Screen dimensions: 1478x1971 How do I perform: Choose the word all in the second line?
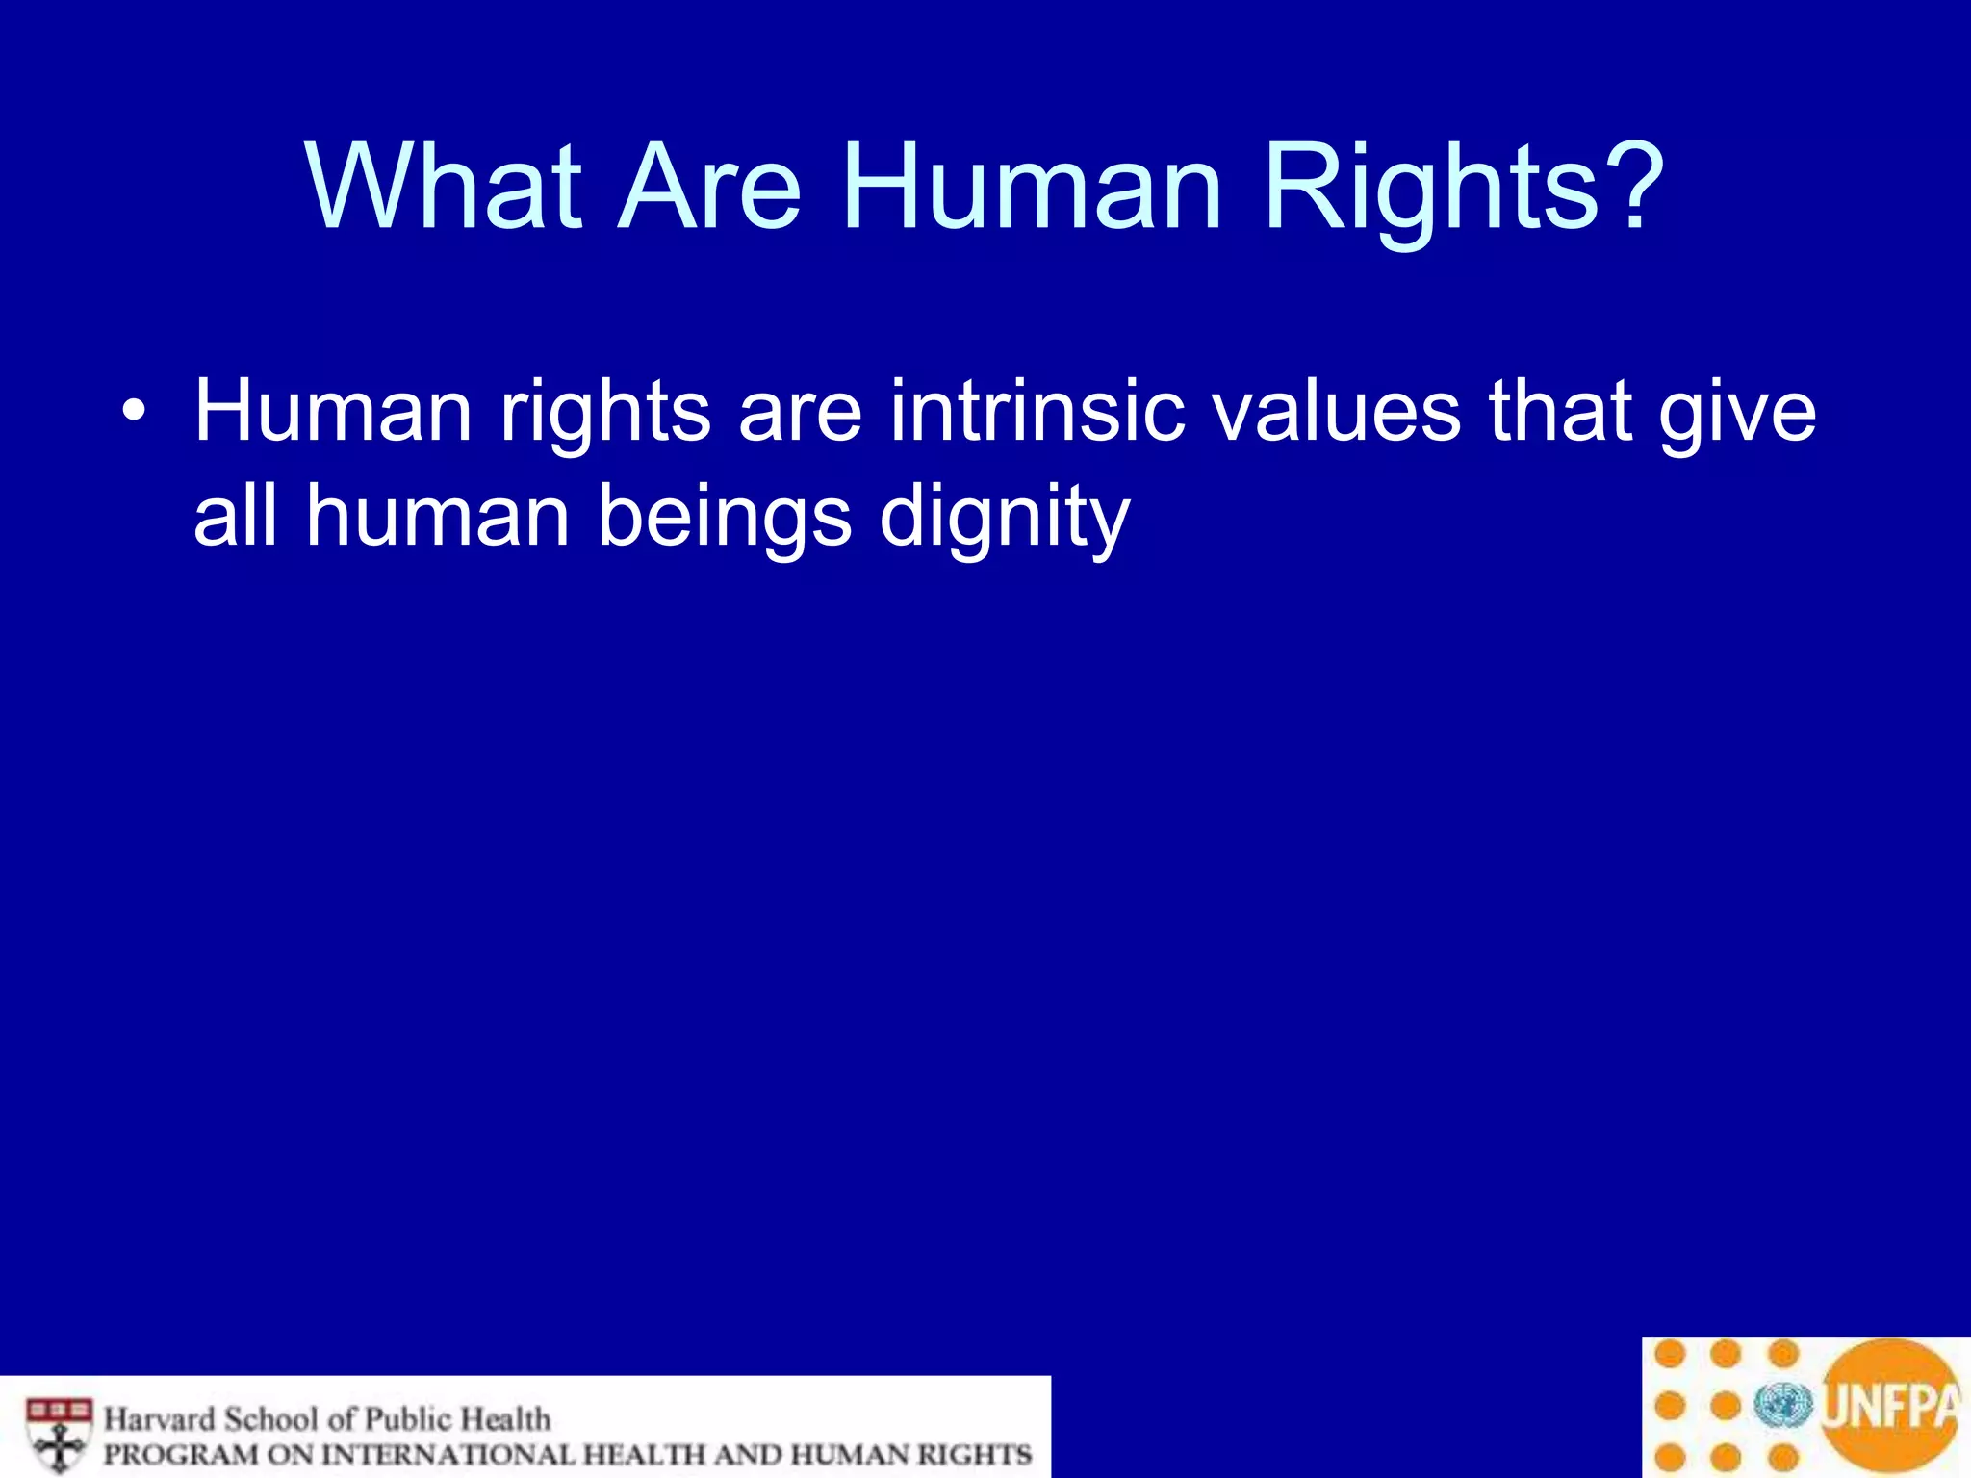[236, 517]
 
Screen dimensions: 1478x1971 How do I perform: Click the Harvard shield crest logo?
[59, 1433]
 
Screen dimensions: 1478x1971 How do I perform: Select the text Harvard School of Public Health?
[327, 1419]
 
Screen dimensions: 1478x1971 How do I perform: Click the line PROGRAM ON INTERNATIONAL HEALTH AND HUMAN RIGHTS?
[568, 1454]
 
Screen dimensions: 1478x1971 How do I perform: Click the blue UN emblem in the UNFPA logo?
[1783, 1406]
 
